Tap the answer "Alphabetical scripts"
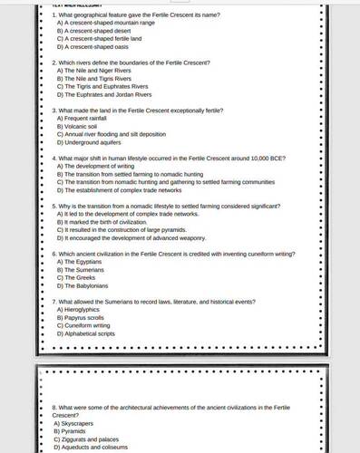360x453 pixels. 90,334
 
